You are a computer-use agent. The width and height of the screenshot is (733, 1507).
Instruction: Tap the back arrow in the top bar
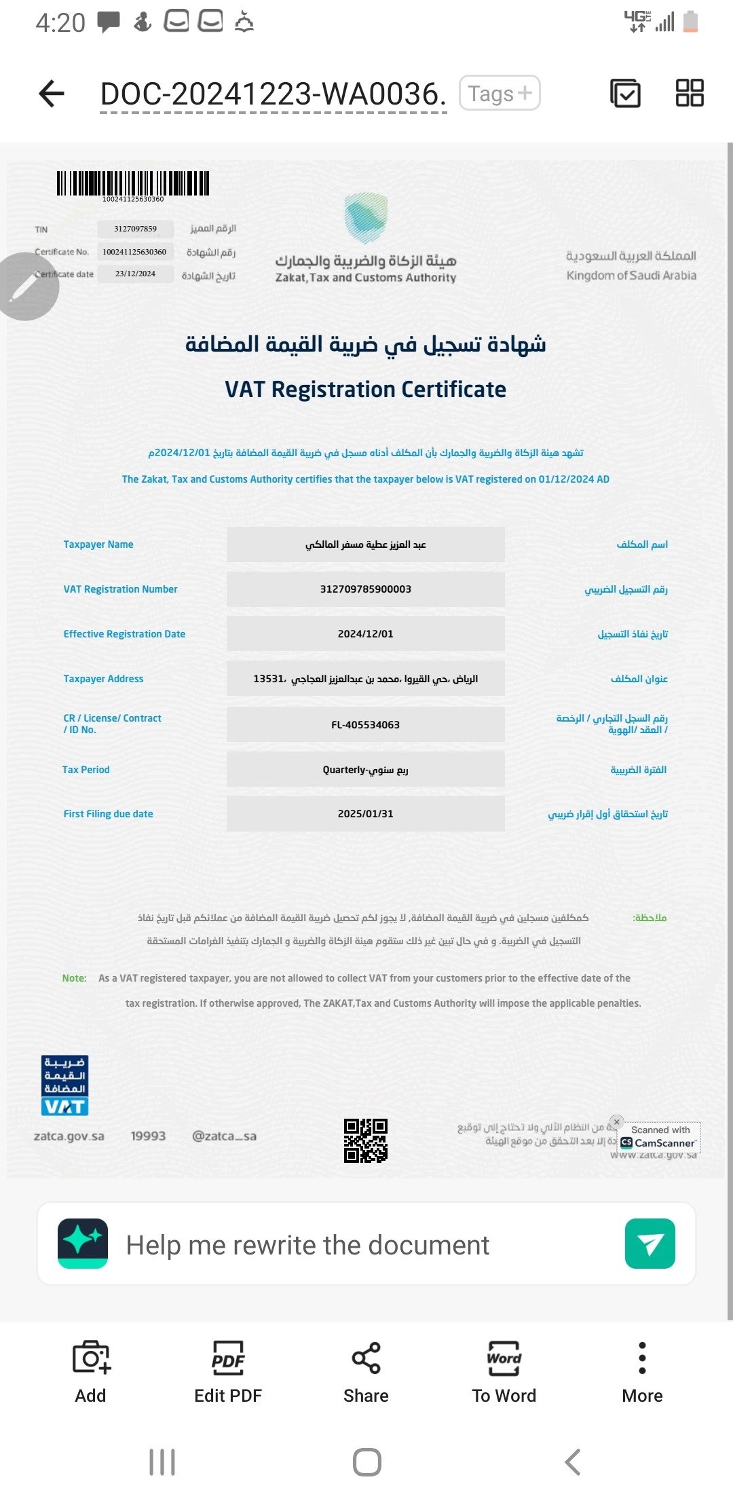[52, 94]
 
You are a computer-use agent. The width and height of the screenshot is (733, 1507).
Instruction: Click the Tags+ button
[500, 93]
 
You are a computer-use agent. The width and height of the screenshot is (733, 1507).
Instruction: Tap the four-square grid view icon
[690, 93]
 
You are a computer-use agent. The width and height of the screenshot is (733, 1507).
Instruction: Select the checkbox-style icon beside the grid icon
[625, 93]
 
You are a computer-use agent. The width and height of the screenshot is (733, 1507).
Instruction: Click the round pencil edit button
[26, 286]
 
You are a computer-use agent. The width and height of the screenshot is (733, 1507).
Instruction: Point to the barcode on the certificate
[133, 184]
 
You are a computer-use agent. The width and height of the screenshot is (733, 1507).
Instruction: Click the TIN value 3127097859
[135, 229]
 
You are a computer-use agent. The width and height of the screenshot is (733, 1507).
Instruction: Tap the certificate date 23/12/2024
[135, 274]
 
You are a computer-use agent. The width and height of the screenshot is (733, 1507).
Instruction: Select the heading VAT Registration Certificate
[366, 390]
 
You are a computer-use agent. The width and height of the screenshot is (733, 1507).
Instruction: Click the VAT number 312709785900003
[366, 589]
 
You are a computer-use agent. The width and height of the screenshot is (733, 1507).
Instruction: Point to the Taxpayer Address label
[103, 679]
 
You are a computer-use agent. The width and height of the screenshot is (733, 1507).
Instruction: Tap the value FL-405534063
[366, 725]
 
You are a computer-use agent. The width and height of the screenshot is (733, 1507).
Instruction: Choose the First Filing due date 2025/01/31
[366, 814]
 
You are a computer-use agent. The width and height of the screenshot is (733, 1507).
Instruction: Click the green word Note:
[74, 978]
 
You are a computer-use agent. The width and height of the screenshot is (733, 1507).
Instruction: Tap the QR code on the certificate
[366, 1140]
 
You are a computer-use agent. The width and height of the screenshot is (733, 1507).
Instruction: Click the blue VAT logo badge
[65, 1085]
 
